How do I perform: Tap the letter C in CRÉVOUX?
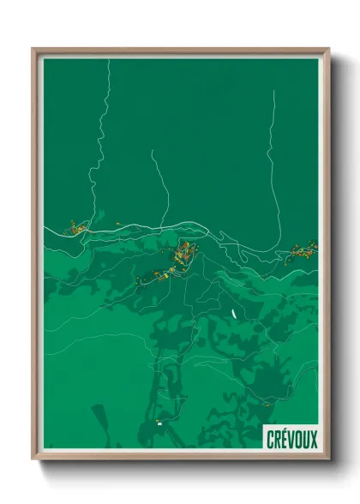269,439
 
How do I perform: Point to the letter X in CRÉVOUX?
313,439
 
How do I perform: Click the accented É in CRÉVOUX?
284,438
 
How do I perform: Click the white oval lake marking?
233,313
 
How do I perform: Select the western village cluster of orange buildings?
76,228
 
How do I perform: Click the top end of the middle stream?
153,152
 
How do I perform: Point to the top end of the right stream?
273,91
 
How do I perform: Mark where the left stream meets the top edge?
110,60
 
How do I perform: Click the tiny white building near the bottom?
159,423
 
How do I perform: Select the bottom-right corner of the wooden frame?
327,459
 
